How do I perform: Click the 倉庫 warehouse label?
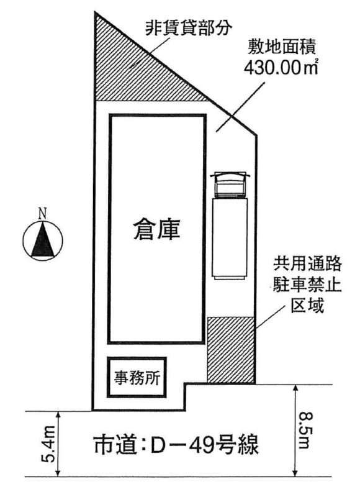(157, 229)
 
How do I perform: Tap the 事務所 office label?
(137, 378)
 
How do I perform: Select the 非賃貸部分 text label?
(189, 29)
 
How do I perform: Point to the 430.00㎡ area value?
(281, 67)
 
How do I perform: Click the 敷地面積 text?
(281, 48)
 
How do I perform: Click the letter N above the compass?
(42, 213)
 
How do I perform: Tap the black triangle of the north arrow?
(42, 239)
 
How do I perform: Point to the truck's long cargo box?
(230, 239)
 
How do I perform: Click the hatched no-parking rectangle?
(231, 350)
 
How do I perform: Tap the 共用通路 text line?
(307, 265)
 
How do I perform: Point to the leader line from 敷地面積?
(240, 107)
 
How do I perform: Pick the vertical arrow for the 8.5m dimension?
(295, 430)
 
